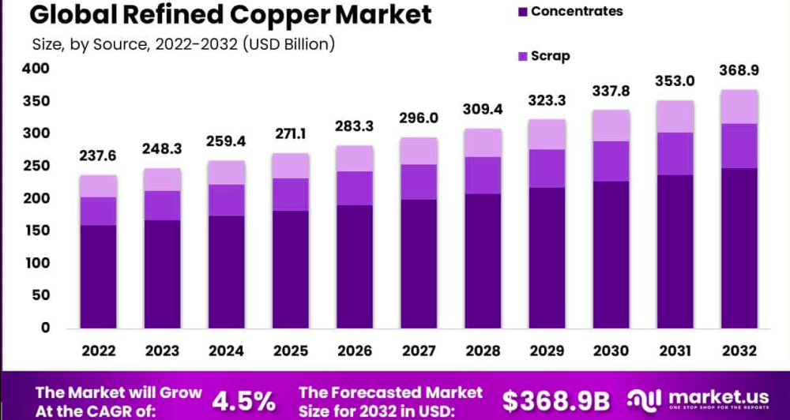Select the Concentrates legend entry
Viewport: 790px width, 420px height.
[x=577, y=11]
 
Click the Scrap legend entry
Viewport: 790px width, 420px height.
[x=550, y=56]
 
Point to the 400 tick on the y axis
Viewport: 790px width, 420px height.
[x=37, y=69]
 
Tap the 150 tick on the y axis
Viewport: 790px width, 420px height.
[x=37, y=231]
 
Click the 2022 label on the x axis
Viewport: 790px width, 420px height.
[x=98, y=351]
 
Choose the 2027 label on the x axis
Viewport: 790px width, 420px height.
[x=418, y=351]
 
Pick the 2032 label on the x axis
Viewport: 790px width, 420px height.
[x=739, y=351]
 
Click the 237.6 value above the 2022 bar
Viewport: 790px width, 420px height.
[x=98, y=156]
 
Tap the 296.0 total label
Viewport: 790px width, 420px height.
[x=418, y=118]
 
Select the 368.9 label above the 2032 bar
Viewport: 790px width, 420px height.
[x=739, y=70]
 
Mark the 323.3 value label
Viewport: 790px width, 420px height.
[x=547, y=100]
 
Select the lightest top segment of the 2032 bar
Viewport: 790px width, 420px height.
[x=739, y=107]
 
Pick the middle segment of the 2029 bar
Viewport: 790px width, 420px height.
[x=547, y=168]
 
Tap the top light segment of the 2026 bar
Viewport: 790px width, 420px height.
[x=354, y=158]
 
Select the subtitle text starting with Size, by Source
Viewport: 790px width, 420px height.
[x=183, y=44]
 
